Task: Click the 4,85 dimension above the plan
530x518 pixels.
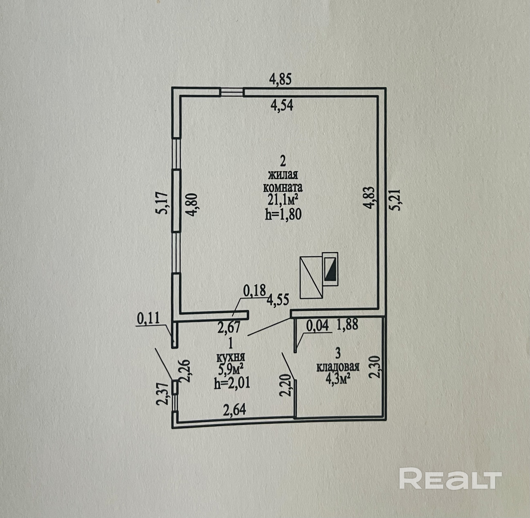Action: pyautogui.click(x=280, y=80)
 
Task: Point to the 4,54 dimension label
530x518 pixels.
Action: pyautogui.click(x=281, y=105)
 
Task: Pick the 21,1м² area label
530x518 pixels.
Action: pyautogui.click(x=282, y=201)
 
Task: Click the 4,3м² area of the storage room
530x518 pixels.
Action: pyautogui.click(x=338, y=379)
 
